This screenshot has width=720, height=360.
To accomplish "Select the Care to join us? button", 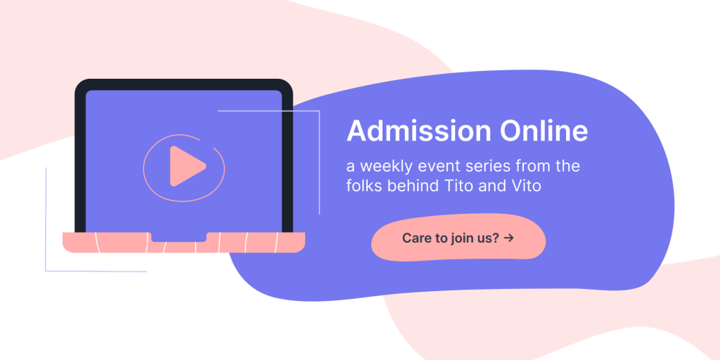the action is tap(458, 238).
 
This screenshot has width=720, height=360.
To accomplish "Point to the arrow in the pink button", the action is tap(509, 238).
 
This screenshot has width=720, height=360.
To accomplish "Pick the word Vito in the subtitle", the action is tap(526, 186).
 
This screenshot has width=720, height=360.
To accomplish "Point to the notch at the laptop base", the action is tap(179, 237).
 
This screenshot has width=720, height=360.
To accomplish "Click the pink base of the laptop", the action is tap(184, 243).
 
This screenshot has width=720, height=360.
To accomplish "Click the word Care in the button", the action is tap(416, 238).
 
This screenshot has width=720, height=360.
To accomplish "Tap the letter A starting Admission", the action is tap(355, 131).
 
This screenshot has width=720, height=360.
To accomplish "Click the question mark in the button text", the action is tap(496, 238).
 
